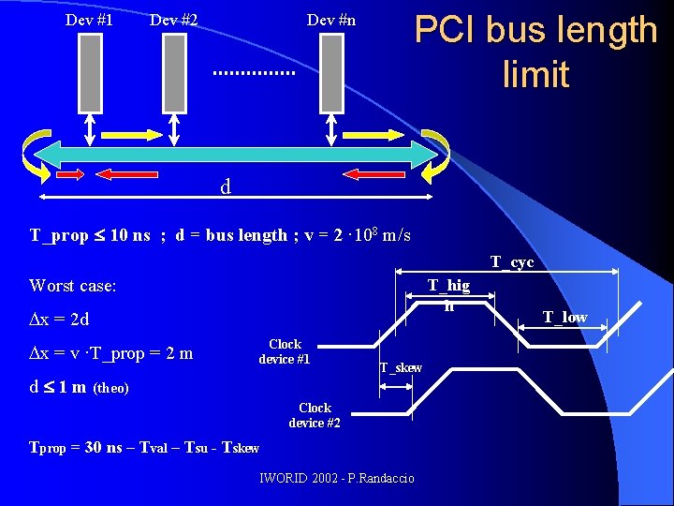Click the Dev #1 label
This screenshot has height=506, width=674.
(x=90, y=20)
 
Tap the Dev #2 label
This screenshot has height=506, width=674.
(x=173, y=20)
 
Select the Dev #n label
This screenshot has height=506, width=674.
(x=331, y=20)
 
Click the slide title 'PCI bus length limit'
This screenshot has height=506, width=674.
(x=535, y=52)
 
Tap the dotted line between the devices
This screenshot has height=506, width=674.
(x=253, y=72)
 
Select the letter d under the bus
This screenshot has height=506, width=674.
(x=226, y=187)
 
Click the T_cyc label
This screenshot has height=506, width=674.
(x=512, y=262)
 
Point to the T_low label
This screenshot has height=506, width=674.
(x=565, y=317)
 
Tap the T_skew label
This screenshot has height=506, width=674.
(x=401, y=367)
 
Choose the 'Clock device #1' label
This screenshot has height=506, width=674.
(x=285, y=351)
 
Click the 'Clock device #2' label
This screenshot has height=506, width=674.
(x=315, y=415)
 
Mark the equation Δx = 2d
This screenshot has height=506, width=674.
(x=59, y=320)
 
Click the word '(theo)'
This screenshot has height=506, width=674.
(x=111, y=388)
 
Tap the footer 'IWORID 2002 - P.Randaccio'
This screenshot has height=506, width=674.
(x=337, y=479)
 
